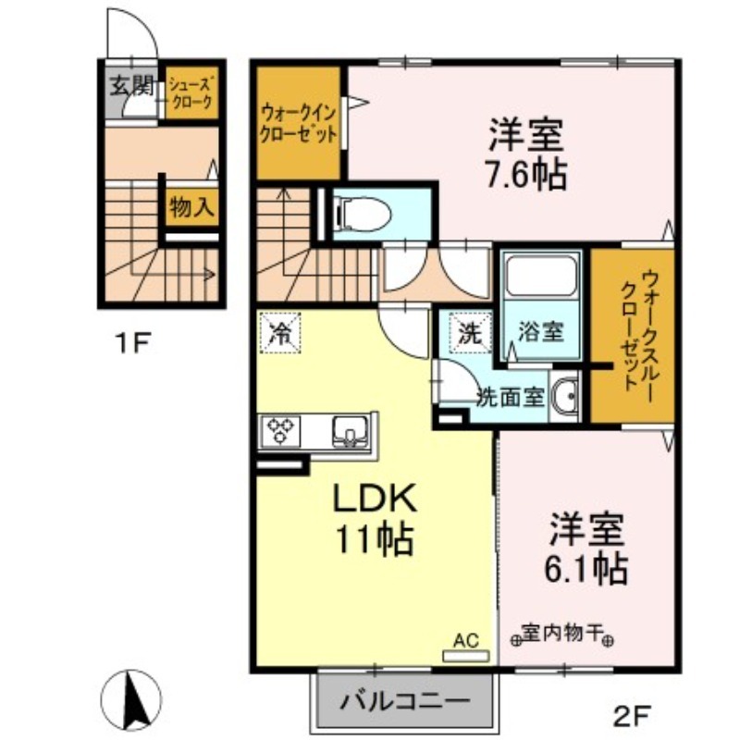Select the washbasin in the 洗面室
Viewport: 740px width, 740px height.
point(565,396)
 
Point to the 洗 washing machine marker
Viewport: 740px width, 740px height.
point(471,333)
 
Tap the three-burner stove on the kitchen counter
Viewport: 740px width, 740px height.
point(279,430)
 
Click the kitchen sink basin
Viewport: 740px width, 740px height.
point(351,431)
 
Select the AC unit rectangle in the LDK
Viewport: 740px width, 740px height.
point(466,656)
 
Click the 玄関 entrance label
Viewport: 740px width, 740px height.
point(131,86)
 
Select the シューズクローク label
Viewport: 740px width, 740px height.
point(191,93)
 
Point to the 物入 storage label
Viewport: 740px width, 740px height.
point(191,206)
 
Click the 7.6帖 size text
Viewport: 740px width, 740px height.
point(526,174)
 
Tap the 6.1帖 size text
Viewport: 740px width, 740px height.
point(586,569)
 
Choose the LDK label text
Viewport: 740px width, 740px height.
point(376,499)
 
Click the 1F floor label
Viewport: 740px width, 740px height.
point(132,343)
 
